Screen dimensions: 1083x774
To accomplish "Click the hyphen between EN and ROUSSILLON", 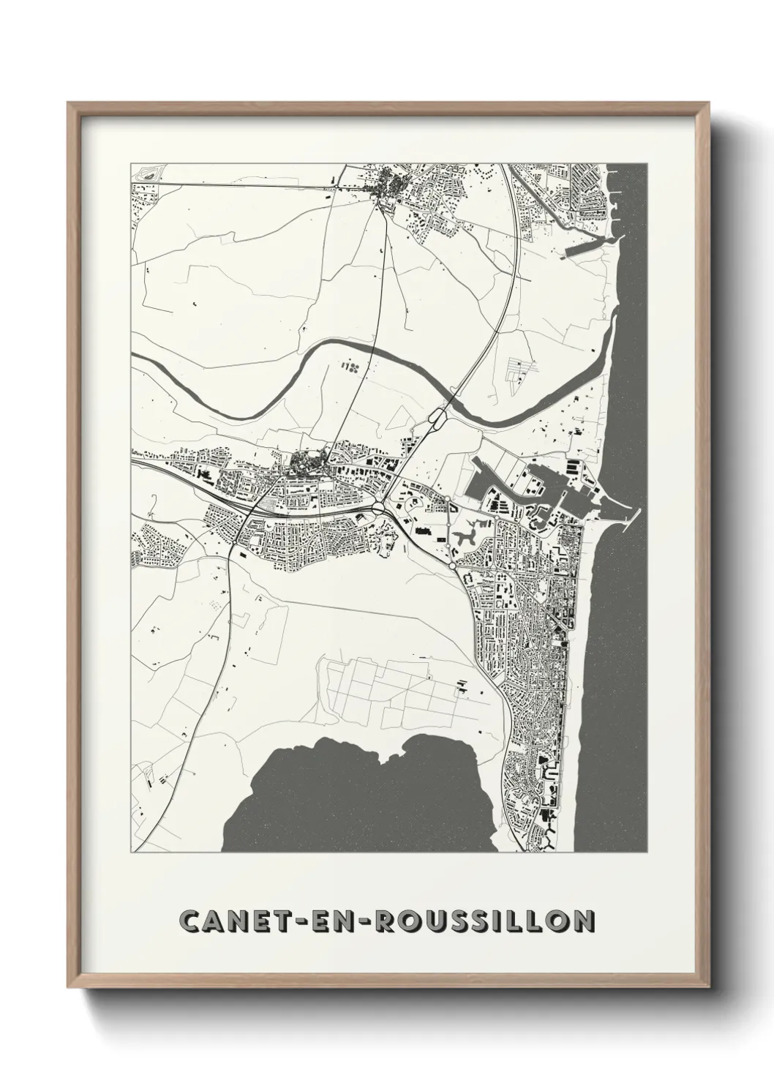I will (x=360, y=921).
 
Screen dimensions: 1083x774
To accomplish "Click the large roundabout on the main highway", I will (x=380, y=507).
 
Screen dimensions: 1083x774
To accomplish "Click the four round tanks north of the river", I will (x=350, y=365).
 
